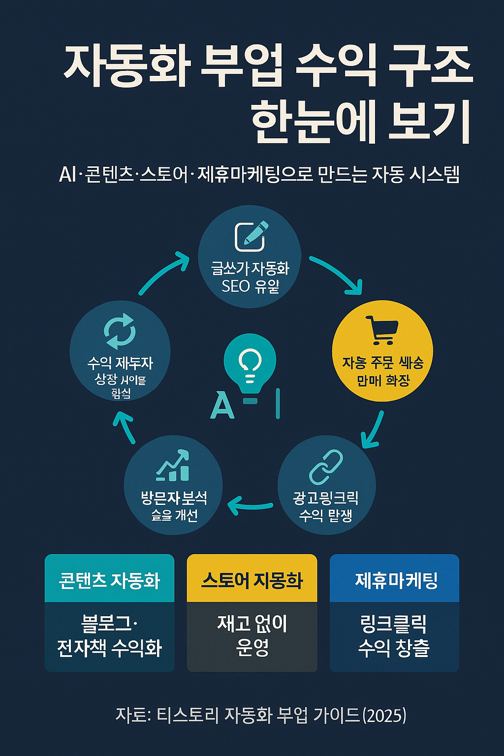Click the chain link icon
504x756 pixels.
pyautogui.click(x=326, y=467)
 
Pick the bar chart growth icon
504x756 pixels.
pyautogui.click(x=173, y=466)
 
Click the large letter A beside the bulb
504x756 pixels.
pyautogui.click(x=222, y=406)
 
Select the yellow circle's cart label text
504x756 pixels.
pyautogui.click(x=382, y=371)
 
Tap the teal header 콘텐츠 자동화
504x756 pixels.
pyautogui.click(x=109, y=580)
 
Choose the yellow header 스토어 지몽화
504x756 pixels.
pyautogui.click(x=252, y=580)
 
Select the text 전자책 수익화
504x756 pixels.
pyautogui.click(x=109, y=648)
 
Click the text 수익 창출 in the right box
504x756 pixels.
pyautogui.click(x=394, y=648)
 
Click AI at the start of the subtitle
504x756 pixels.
pyautogui.click(x=67, y=174)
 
